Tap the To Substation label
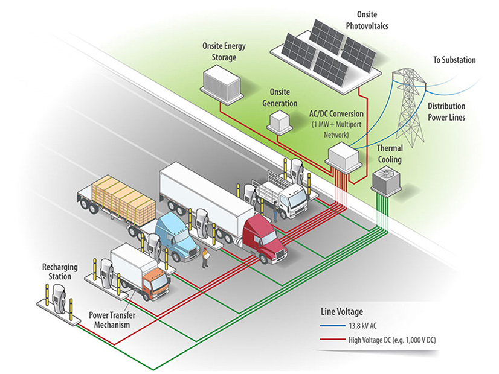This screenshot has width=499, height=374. click(x=454, y=60)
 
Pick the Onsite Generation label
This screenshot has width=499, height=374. click(x=278, y=97)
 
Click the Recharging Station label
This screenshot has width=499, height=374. click(x=57, y=271)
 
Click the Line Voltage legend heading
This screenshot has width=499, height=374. click(x=341, y=312)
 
